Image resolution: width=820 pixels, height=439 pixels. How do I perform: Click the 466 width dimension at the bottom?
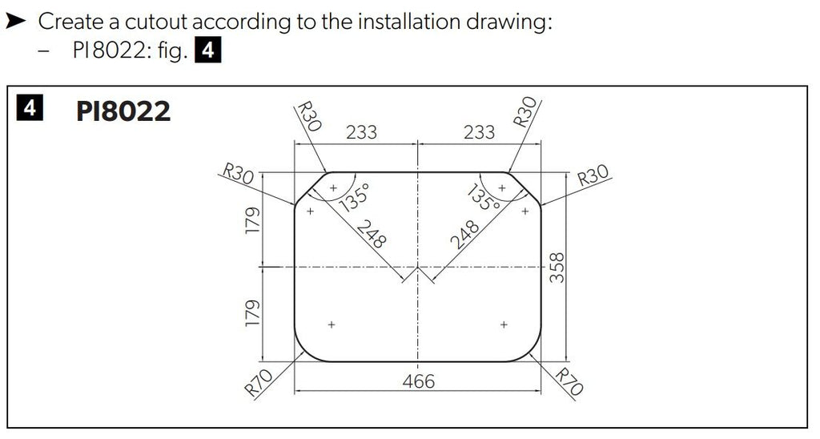pos(418,381)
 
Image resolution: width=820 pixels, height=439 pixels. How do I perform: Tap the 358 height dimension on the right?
pos(557,268)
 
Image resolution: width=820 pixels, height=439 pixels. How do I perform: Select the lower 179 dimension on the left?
pos(252,314)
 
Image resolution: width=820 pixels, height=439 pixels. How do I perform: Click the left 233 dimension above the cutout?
pos(361,132)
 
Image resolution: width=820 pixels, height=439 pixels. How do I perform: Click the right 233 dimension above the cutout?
pos(479,132)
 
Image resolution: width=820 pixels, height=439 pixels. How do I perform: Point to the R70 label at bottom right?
pos(569,381)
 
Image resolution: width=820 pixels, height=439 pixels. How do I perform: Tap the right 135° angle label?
pos(484,197)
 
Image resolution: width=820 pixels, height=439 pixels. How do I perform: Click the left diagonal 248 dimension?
pos(372,234)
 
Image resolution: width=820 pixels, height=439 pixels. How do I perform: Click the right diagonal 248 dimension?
pos(464,234)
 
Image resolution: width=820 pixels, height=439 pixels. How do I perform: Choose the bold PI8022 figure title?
pos(123,111)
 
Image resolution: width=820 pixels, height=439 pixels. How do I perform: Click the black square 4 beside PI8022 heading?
pos(30,108)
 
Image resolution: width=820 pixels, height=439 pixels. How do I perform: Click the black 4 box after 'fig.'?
pos(208,50)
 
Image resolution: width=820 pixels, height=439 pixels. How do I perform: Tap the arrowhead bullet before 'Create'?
pos(16,22)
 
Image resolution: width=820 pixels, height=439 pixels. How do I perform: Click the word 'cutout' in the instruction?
pos(156,22)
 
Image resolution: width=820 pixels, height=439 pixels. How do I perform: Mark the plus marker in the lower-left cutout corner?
pos(332,324)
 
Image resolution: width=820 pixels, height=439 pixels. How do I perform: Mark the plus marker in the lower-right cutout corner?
pos(504,324)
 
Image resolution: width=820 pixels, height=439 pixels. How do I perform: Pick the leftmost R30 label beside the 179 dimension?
pos(238,173)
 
